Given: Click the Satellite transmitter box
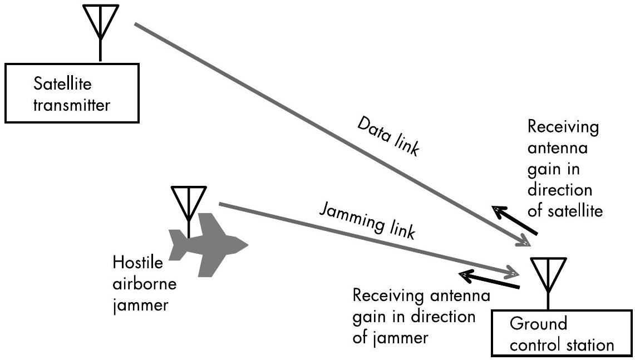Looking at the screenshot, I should (71, 93).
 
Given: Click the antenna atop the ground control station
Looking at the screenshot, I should (549, 276).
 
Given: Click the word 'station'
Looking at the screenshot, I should (589, 345).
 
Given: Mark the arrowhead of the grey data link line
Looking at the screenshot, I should (525, 243).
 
